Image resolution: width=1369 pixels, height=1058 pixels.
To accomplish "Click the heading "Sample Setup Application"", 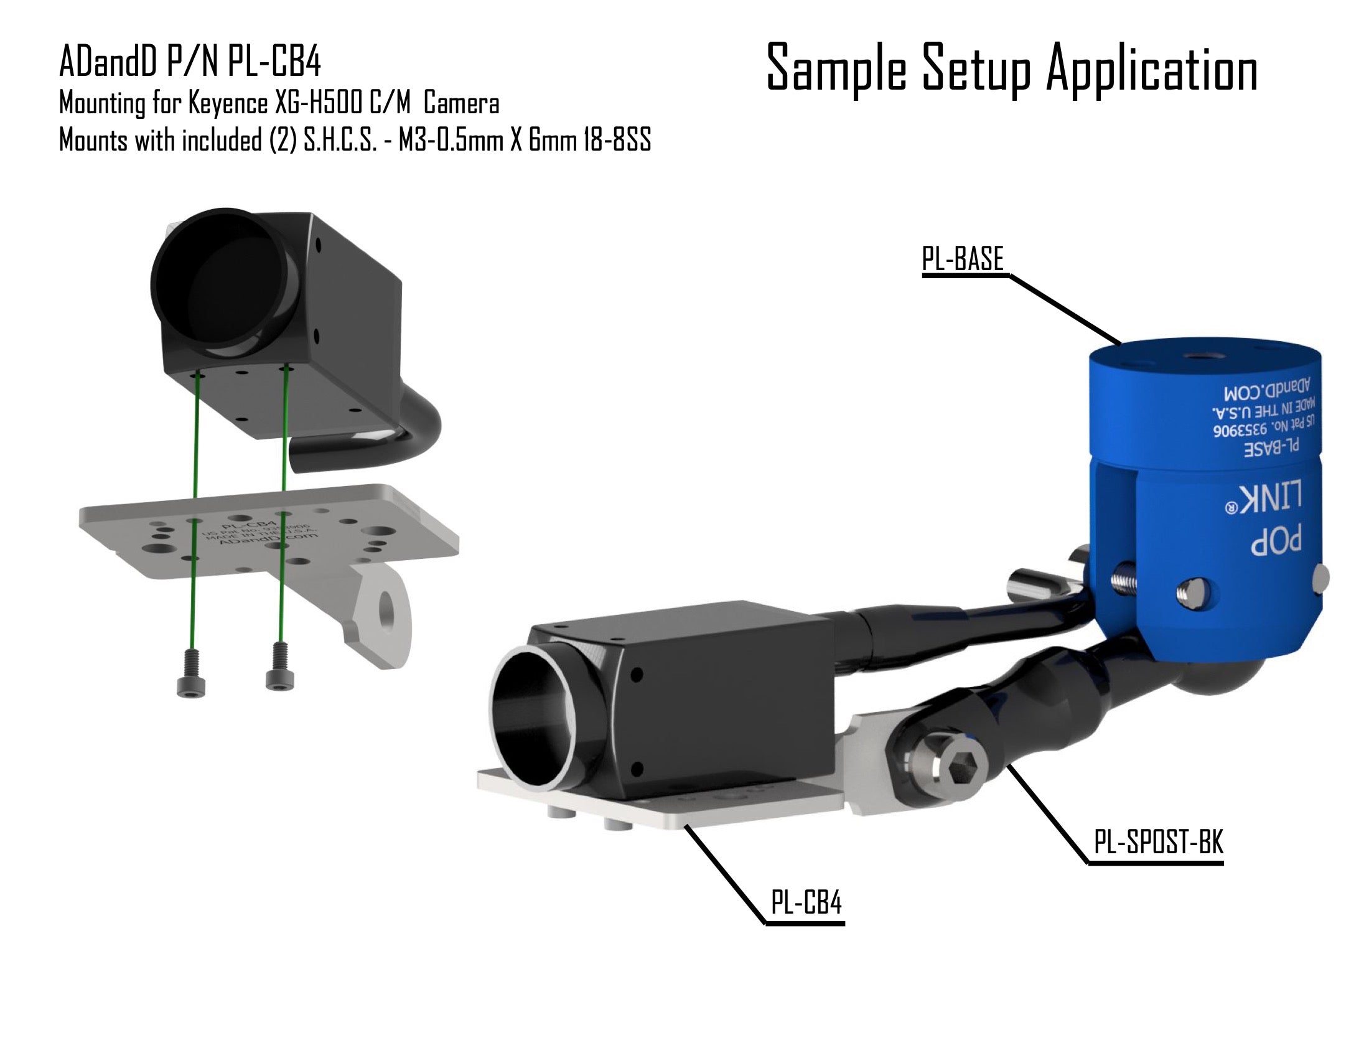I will point(1012,68).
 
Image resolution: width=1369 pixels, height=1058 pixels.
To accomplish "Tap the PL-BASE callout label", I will point(962,258).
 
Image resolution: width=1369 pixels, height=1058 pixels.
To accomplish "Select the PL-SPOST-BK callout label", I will point(1159,842).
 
